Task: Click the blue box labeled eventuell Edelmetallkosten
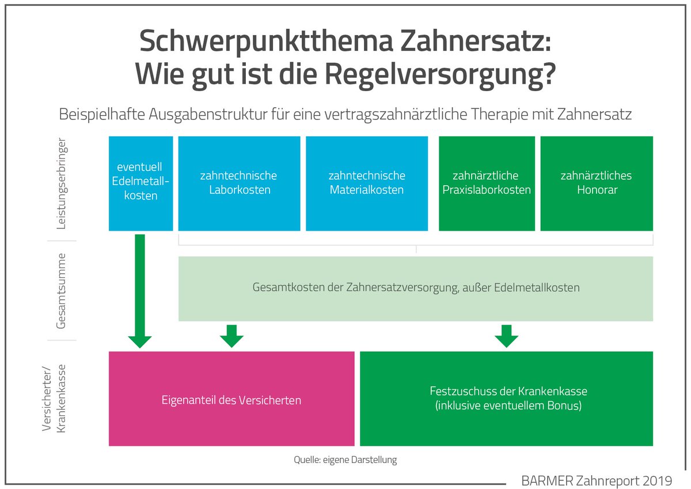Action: pyautogui.click(x=141, y=183)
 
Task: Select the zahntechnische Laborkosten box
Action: pyautogui.click(x=239, y=183)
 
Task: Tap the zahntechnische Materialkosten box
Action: pyautogui.click(x=367, y=183)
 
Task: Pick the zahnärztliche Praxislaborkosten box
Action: pyautogui.click(x=487, y=183)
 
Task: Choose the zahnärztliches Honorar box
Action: pyautogui.click(x=597, y=183)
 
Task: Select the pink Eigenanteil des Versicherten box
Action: pyautogui.click(x=231, y=399)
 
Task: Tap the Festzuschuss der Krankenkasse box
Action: pyautogui.click(x=506, y=398)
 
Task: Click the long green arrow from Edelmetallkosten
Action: pyautogui.click(x=140, y=288)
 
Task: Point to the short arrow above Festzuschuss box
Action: pyautogui.click(x=507, y=336)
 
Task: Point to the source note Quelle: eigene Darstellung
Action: pyautogui.click(x=345, y=460)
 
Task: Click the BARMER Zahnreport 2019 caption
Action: pyautogui.click(x=596, y=479)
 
